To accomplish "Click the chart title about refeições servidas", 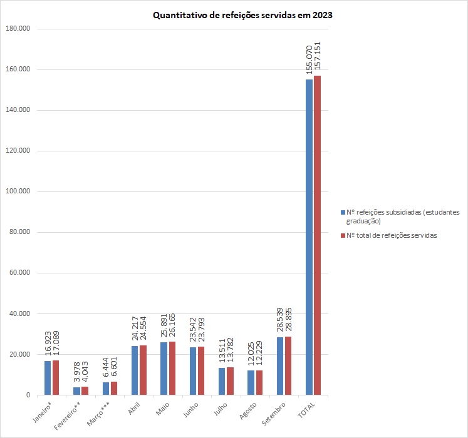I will pos(242,16).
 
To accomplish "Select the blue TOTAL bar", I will pos(309,237).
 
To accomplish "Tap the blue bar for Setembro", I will pos(280,366).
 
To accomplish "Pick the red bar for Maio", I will pos(172,369).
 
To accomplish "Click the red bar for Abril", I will pos(143,370).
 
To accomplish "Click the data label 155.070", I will pos(309,59).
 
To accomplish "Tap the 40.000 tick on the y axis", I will pos(19,314).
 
